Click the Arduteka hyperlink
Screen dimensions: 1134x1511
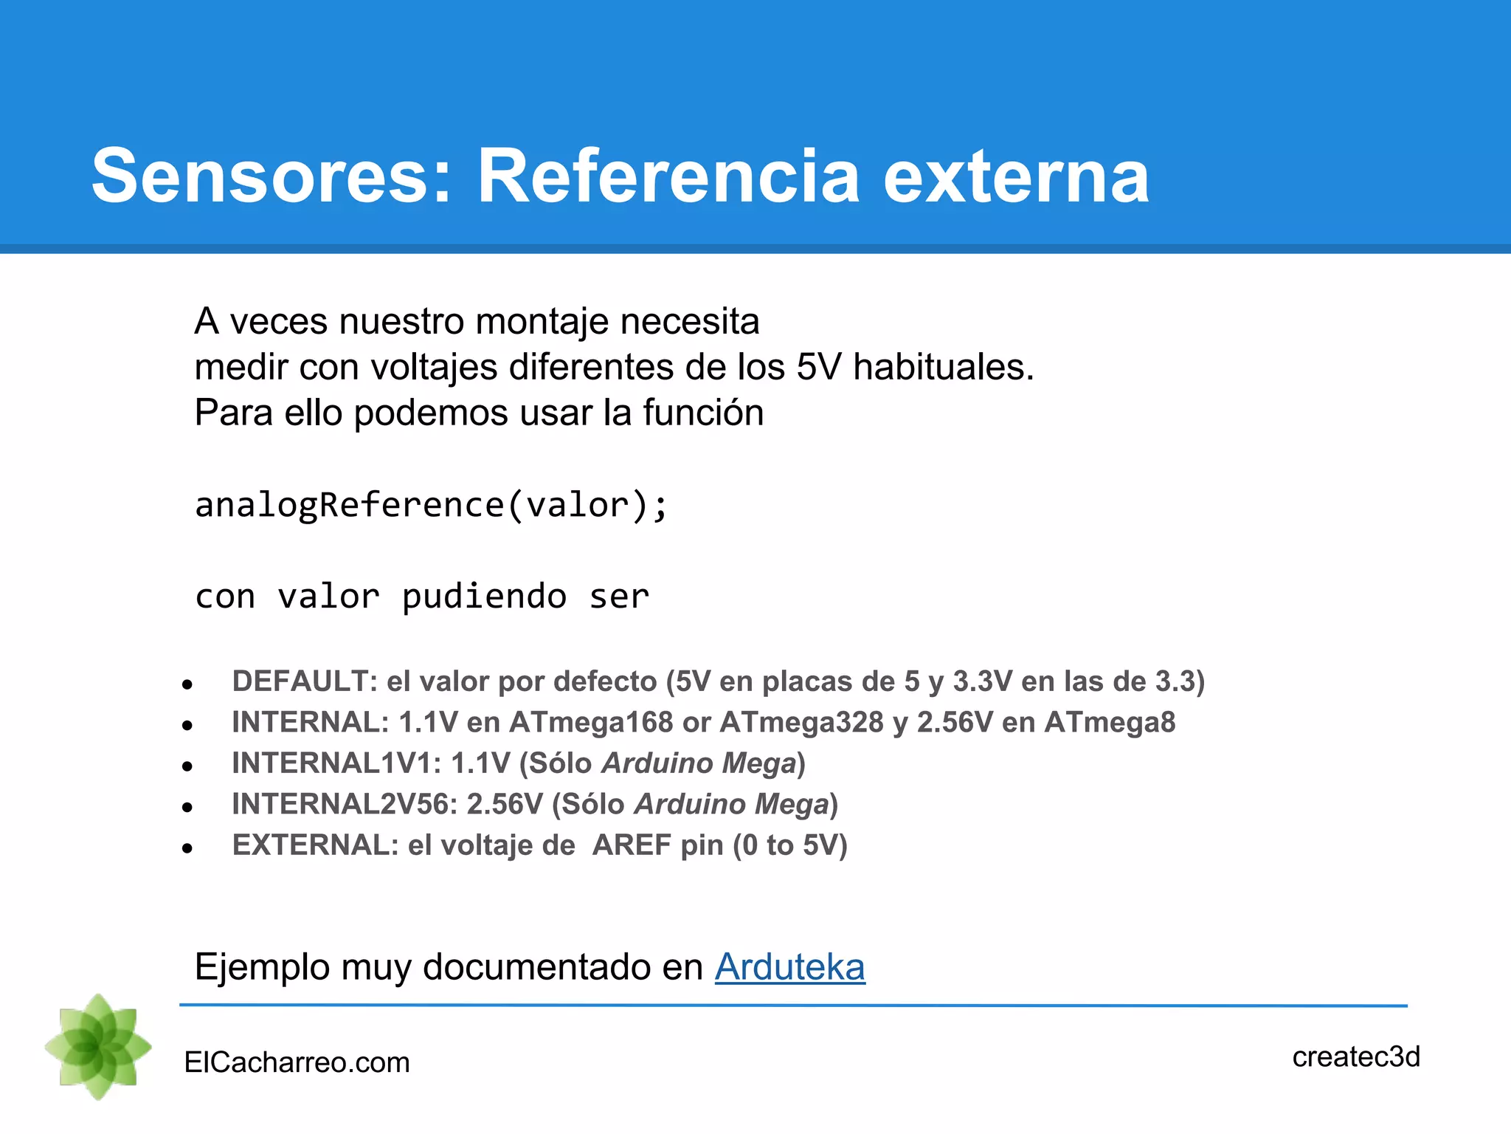click(x=789, y=967)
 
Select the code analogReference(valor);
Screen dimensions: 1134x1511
click(x=432, y=506)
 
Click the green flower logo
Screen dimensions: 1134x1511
click(x=98, y=1046)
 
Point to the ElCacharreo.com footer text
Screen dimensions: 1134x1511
click(x=297, y=1062)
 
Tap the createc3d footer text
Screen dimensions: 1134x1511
click(x=1356, y=1056)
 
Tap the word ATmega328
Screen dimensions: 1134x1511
click(x=801, y=722)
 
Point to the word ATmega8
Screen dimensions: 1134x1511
click(x=1110, y=722)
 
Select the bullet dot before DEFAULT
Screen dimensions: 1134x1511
click(x=187, y=685)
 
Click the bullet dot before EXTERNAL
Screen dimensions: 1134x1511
click(x=187, y=849)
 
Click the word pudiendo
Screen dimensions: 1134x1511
click(x=484, y=597)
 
